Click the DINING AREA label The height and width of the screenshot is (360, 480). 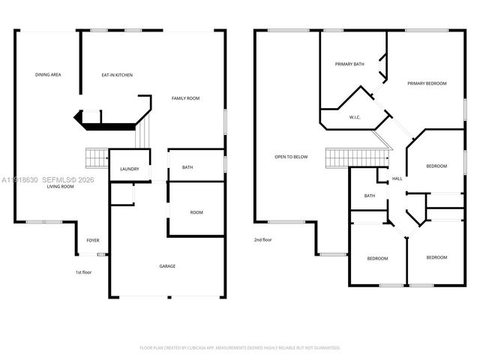[48, 75]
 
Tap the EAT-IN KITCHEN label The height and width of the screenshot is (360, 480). [117, 75]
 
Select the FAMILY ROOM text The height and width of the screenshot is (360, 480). [185, 99]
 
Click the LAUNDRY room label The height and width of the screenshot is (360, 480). [129, 169]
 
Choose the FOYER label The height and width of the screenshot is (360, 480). [93, 240]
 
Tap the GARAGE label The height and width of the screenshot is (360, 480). [167, 266]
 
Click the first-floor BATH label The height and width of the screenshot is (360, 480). [187, 167]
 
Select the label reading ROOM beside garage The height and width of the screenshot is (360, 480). [196, 212]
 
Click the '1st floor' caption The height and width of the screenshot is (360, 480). [84, 271]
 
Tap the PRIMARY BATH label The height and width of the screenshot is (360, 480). [349, 64]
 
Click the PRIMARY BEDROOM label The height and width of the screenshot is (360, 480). [427, 83]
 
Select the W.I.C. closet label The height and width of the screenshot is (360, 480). [355, 117]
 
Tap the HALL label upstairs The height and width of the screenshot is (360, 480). [397, 178]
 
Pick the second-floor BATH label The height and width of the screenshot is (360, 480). [370, 196]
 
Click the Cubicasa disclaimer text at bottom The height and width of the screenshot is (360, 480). [240, 348]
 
